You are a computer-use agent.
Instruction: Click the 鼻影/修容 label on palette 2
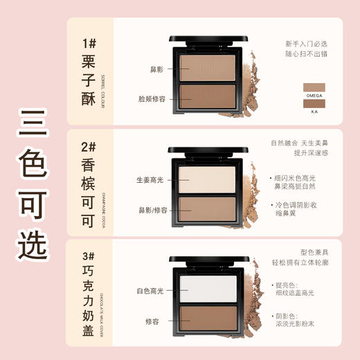click(x=150, y=208)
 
